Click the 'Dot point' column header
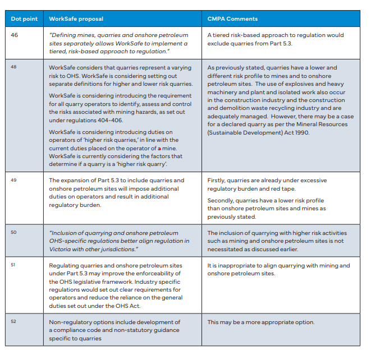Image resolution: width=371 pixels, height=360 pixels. [x=24, y=19]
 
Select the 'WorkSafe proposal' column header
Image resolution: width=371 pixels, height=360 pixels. [x=76, y=19]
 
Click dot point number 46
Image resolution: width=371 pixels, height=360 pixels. [x=15, y=35]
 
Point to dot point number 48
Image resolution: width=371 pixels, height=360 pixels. [x=15, y=67]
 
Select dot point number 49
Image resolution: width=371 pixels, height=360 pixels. [x=15, y=181]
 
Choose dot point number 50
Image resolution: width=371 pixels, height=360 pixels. [x=15, y=233]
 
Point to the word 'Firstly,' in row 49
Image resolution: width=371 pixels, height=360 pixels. [x=218, y=181]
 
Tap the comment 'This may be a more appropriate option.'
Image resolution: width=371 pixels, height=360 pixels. [x=260, y=322]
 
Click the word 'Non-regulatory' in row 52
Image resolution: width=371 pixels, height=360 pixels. [x=71, y=322]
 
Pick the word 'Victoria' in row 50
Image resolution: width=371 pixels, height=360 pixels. [x=60, y=249]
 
